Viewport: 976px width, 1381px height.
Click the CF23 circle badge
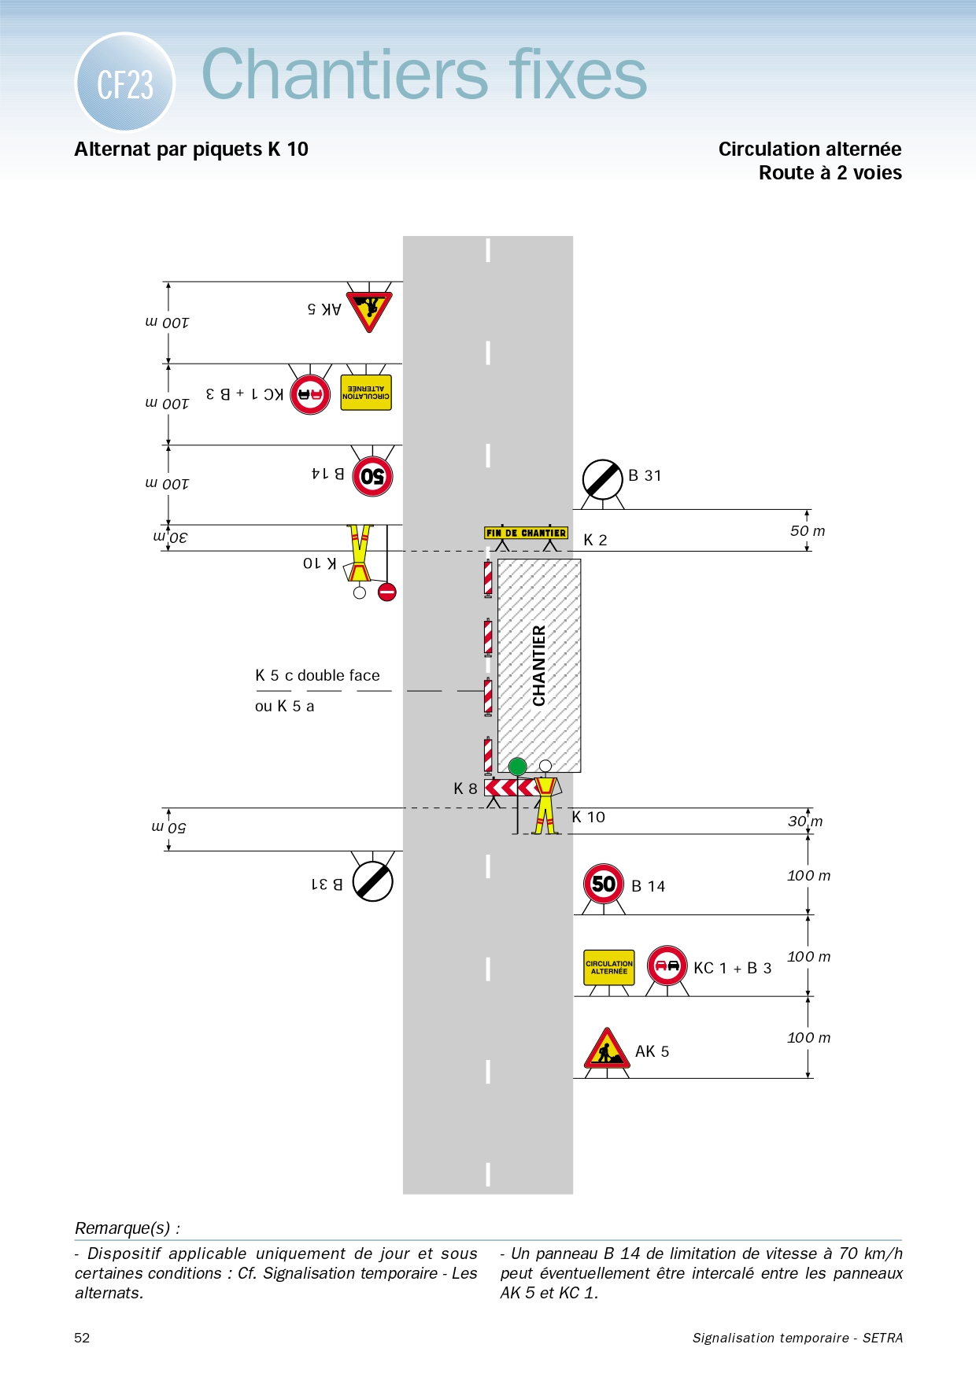(124, 83)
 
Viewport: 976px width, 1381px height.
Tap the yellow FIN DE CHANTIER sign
(526, 533)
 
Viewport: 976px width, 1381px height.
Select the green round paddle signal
(517, 766)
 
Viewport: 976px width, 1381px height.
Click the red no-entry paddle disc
(386, 592)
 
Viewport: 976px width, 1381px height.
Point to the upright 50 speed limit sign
(604, 884)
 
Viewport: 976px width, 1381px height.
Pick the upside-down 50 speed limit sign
(372, 476)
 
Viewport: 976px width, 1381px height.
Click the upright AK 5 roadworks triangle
(606, 1049)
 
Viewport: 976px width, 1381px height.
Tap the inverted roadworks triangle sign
(368, 308)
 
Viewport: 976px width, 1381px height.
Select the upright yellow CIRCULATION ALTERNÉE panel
(609, 967)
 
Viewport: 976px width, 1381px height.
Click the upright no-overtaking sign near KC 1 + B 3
(667, 966)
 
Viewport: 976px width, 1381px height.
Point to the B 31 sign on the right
(603, 479)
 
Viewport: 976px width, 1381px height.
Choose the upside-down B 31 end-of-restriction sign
(372, 881)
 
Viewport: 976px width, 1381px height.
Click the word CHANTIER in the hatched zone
(539, 666)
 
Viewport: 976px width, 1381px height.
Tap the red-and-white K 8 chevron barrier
(511, 788)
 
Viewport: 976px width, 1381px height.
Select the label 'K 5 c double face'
(317, 675)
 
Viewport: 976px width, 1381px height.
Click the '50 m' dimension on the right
(808, 531)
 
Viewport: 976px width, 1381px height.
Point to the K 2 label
(595, 540)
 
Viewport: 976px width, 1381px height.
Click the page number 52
(82, 1338)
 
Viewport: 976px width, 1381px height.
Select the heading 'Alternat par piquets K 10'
(191, 150)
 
